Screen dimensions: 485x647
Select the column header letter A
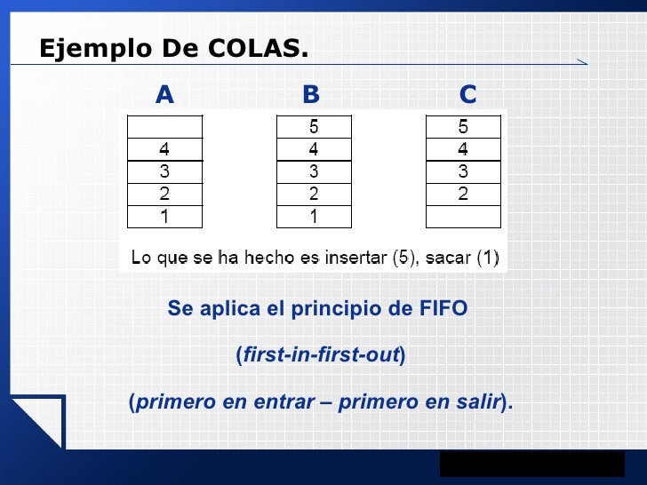coord(164,95)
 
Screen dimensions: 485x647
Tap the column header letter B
coord(311,95)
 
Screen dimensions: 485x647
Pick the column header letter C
coord(467,95)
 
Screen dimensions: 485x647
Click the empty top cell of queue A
coord(165,127)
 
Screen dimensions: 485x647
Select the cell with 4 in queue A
coord(165,149)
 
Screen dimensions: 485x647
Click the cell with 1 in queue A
coord(165,216)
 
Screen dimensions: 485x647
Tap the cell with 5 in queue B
coord(314,127)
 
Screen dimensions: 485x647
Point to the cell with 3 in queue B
coord(314,171)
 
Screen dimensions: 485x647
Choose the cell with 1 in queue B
coord(314,216)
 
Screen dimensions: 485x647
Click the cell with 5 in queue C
coord(463,127)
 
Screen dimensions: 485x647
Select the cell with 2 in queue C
coord(463,194)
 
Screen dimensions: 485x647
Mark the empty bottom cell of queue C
coord(463,216)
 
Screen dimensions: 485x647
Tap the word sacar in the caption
coord(449,258)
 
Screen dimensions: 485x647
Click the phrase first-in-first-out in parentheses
coord(321,356)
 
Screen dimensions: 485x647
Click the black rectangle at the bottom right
coord(531,464)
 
